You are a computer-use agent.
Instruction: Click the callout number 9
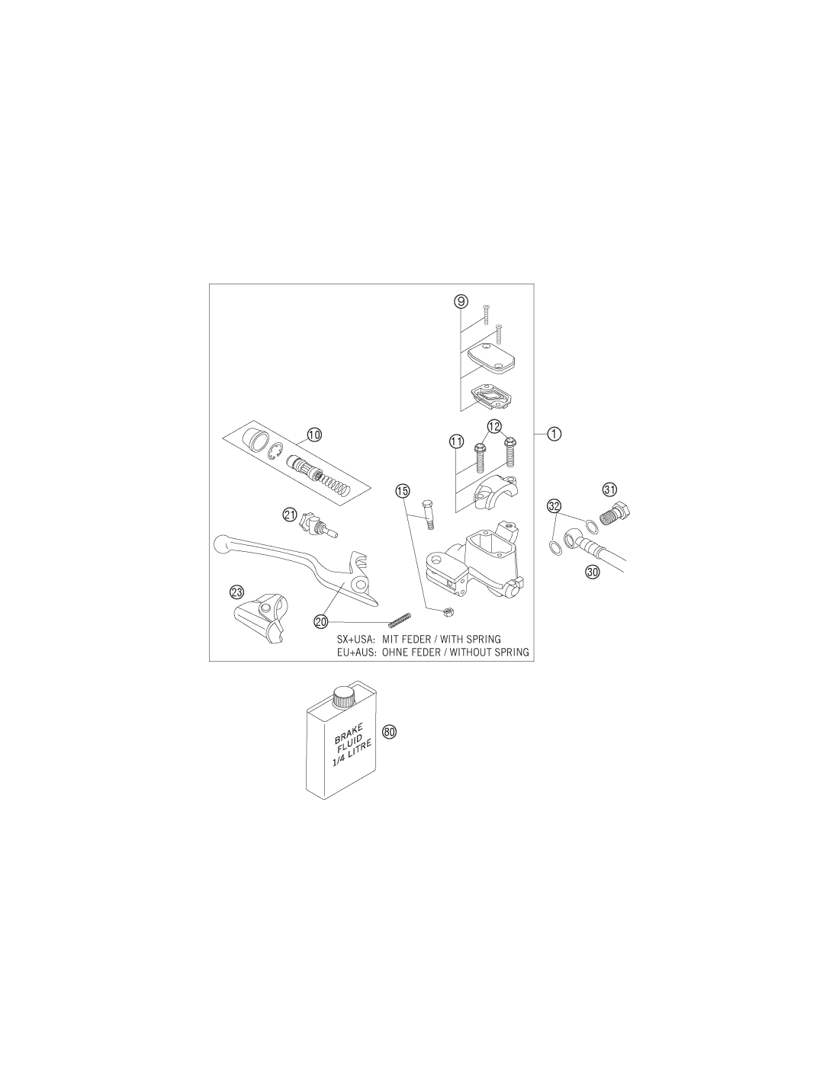[x=461, y=301]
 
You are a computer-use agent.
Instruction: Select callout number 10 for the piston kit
[x=314, y=435]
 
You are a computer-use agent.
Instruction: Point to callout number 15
[x=402, y=491]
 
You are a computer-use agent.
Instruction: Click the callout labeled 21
[x=290, y=515]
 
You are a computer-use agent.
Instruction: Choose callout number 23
[x=236, y=592]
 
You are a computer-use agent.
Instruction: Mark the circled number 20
[x=321, y=621]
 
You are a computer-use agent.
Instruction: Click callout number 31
[x=609, y=489]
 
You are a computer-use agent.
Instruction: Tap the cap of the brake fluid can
[x=343, y=695]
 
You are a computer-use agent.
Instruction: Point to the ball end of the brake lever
[x=220, y=544]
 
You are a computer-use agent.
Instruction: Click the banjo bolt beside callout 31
[x=616, y=512]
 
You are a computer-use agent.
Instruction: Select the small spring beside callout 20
[x=399, y=620]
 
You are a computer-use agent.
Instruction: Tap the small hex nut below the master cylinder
[x=448, y=611]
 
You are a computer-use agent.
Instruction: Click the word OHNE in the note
[x=395, y=652]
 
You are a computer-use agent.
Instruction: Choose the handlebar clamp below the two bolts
[x=495, y=492]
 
